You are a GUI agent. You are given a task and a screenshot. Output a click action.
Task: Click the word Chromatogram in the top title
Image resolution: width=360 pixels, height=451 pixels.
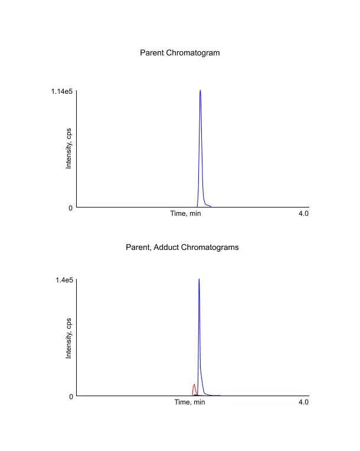(193, 53)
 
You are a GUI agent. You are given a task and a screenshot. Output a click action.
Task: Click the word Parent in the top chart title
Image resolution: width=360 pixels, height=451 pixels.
(152, 53)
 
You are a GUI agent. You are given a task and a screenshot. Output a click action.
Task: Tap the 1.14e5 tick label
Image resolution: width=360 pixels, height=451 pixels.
(62, 91)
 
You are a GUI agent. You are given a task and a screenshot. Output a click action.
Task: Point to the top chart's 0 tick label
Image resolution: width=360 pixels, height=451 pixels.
(71, 208)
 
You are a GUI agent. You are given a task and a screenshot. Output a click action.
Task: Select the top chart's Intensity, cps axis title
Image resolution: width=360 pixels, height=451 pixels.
(69, 149)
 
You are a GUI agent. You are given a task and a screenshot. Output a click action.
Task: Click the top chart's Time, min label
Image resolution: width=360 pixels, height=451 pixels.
(185, 213)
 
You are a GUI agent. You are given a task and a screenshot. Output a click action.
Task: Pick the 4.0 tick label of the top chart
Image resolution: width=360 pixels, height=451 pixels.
(303, 213)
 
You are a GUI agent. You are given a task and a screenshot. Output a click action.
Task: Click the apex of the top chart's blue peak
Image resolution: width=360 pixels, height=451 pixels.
(200, 91)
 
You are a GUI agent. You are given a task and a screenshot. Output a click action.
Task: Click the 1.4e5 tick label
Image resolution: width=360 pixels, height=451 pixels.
(64, 280)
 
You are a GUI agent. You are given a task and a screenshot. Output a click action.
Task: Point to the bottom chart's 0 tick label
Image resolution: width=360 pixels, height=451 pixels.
(71, 396)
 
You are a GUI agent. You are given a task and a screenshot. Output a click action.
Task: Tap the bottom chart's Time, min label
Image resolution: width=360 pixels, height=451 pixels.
(189, 402)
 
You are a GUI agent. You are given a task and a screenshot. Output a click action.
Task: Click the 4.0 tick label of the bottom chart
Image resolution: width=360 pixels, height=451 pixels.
(303, 402)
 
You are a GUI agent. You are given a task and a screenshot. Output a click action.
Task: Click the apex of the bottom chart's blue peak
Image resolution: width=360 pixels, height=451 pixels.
(199, 279)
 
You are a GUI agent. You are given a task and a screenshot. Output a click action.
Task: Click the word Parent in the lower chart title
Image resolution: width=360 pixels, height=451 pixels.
(138, 248)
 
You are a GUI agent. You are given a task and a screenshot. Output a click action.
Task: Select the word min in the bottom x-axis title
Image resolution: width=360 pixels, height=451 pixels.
(199, 402)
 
